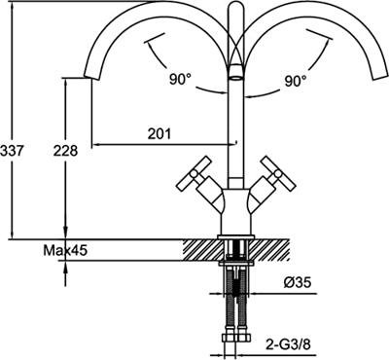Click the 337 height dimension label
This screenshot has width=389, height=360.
(x=12, y=151)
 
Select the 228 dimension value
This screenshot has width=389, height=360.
(x=65, y=151)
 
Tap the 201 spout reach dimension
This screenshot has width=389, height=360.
(x=159, y=133)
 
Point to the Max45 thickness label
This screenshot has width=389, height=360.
(x=65, y=250)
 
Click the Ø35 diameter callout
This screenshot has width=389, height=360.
(x=298, y=282)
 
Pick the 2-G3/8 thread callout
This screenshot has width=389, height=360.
(x=288, y=344)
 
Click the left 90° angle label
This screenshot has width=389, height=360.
(x=180, y=79)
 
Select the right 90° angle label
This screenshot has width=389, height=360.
(x=296, y=81)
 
